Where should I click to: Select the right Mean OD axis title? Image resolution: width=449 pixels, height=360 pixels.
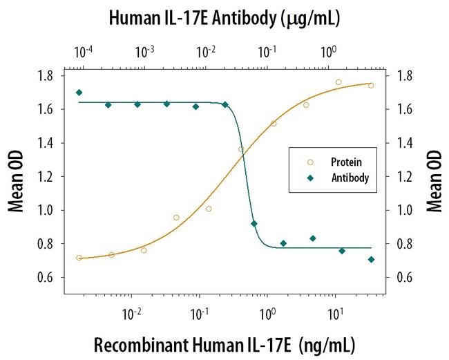click(434, 177)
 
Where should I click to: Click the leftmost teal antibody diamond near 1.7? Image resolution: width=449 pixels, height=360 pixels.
click(79, 93)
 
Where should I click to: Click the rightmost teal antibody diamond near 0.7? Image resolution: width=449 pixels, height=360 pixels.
click(371, 260)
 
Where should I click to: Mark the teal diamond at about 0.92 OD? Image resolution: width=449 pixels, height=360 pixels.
click(254, 224)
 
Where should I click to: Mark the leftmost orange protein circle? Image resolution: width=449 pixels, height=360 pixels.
click(79, 258)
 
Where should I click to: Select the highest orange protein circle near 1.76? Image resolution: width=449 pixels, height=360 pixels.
click(338, 82)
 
